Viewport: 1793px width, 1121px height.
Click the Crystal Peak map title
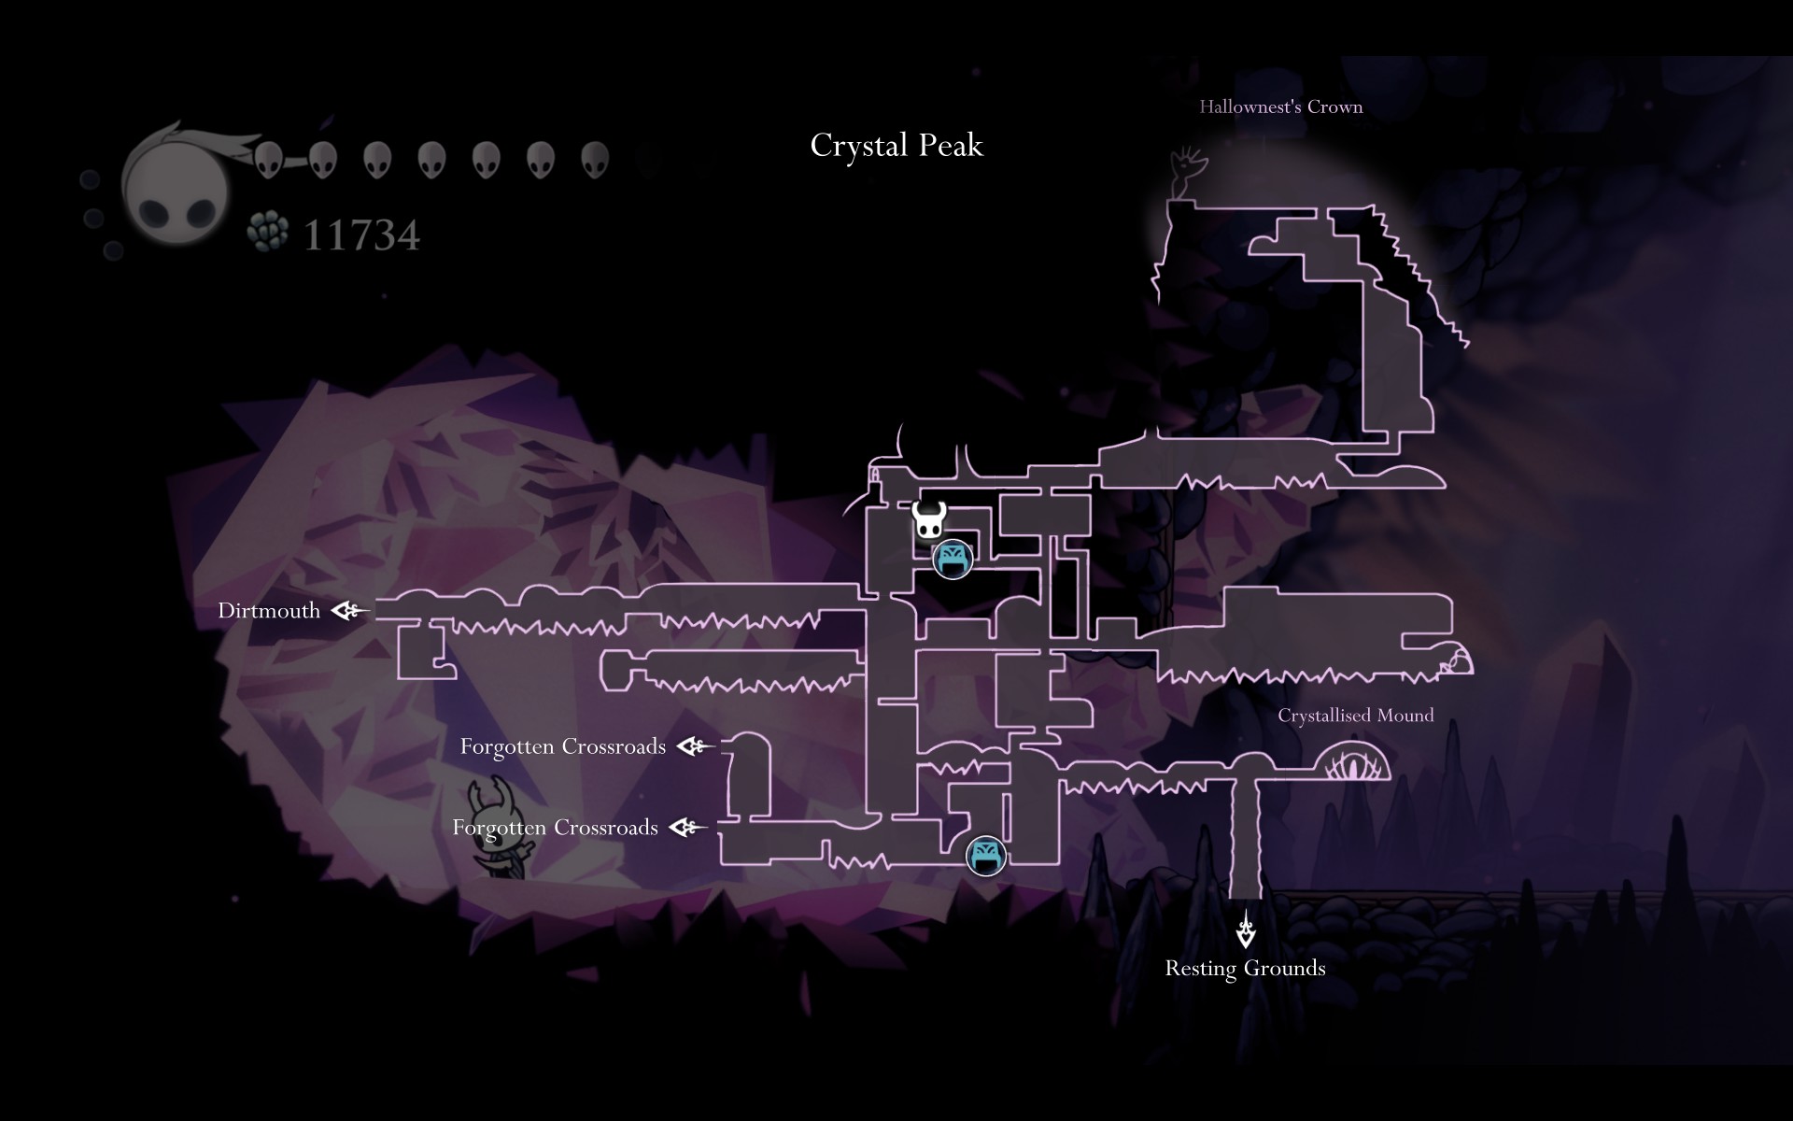coord(896,146)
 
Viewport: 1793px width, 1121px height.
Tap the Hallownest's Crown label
coord(1280,106)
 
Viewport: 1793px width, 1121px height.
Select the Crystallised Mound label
coord(1355,716)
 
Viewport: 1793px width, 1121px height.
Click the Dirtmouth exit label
coord(269,611)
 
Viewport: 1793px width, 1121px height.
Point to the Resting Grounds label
coord(1245,968)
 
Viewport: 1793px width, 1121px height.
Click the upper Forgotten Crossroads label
coord(562,746)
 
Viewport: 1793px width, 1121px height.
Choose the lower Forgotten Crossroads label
coord(555,828)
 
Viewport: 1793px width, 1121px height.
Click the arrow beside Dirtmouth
coord(350,611)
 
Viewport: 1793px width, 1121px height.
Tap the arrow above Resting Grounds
coord(1246,929)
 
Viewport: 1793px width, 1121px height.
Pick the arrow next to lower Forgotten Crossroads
coord(687,828)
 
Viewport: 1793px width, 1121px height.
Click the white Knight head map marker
coord(929,520)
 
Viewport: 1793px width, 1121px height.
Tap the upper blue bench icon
coord(953,560)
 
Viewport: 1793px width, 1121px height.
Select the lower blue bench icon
coord(985,855)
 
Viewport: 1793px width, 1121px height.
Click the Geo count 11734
coord(361,234)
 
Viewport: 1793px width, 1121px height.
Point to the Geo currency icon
coord(268,231)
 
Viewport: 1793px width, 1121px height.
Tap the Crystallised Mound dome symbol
coord(1352,761)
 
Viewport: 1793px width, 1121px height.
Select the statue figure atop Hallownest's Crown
coord(1187,173)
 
